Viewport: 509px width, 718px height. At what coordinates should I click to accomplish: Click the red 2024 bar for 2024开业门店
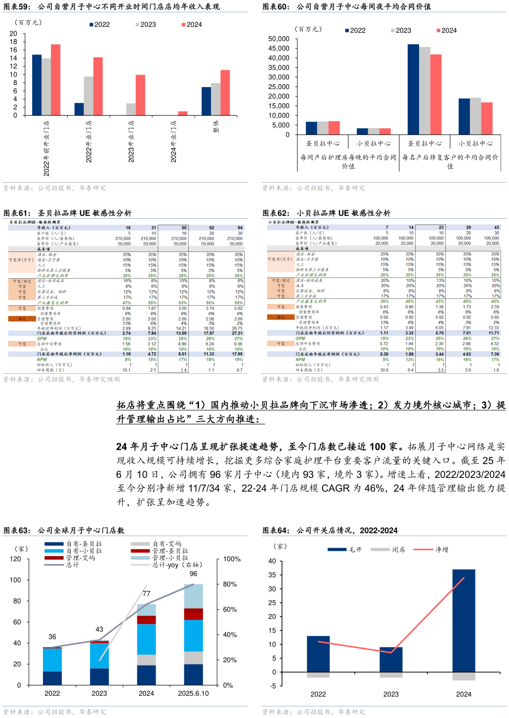click(x=182, y=113)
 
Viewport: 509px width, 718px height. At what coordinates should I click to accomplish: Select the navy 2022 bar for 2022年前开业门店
click(x=37, y=85)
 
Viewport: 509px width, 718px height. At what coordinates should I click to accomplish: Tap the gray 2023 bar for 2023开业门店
click(x=131, y=109)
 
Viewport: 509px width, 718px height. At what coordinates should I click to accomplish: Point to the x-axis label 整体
click(x=216, y=126)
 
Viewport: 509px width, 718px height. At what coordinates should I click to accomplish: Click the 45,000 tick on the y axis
click(x=279, y=48)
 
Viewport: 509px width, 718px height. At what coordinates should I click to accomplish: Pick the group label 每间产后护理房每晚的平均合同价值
click(x=348, y=161)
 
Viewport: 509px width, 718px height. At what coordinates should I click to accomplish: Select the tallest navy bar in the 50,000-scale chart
click(x=413, y=89)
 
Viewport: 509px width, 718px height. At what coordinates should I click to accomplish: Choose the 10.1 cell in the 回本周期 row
click(x=127, y=370)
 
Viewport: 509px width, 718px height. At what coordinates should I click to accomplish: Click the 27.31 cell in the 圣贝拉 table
click(x=237, y=333)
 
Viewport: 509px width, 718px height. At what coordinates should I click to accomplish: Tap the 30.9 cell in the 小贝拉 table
click(x=384, y=370)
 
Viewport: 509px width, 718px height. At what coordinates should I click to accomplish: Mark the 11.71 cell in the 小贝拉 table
click(x=494, y=333)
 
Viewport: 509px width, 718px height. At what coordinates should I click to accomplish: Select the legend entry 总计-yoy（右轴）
click(x=177, y=565)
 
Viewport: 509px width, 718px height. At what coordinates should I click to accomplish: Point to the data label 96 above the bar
click(x=193, y=574)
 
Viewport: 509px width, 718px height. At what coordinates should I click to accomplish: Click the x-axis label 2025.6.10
click(x=193, y=693)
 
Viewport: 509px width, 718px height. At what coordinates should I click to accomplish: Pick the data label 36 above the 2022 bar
click(x=52, y=637)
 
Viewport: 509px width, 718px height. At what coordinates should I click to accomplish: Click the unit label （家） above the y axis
click(x=21, y=549)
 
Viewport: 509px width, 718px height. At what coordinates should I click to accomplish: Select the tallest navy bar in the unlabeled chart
click(x=464, y=620)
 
